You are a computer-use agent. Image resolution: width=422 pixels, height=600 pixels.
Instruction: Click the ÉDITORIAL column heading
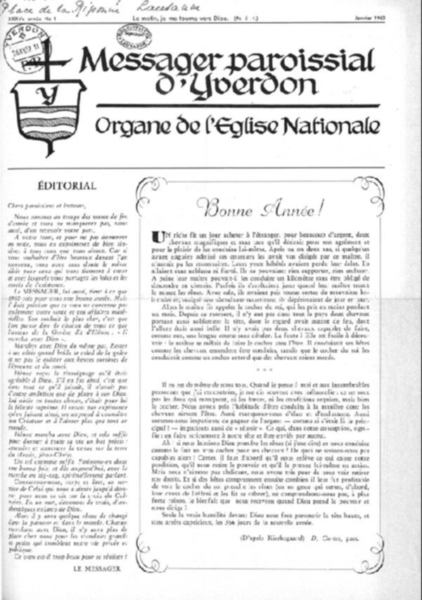click(x=68, y=186)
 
